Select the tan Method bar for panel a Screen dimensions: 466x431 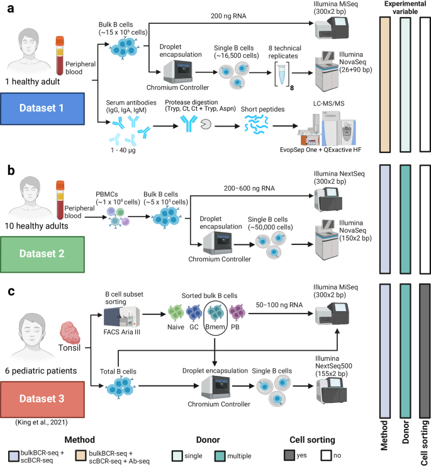[x=386, y=84]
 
